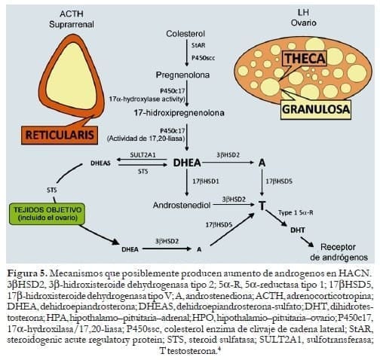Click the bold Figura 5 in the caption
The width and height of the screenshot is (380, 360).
[x=26, y=272]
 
